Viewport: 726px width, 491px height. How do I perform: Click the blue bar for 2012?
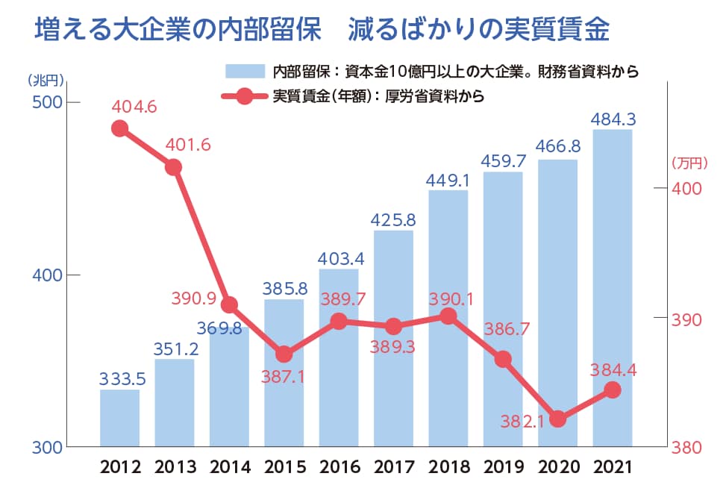click(x=119, y=418)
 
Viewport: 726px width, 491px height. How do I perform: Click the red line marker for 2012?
click(x=119, y=129)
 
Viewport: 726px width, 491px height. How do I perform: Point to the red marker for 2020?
click(x=557, y=419)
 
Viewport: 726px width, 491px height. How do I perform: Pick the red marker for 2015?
click(x=284, y=354)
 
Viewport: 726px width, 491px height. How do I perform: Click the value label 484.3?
click(x=613, y=119)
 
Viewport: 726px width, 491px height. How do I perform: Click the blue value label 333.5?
click(x=122, y=378)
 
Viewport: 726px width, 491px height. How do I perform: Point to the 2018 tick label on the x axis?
click(x=448, y=468)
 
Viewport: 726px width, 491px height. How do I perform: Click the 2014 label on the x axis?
click(x=230, y=468)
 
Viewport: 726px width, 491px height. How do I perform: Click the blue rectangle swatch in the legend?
click(x=245, y=72)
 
